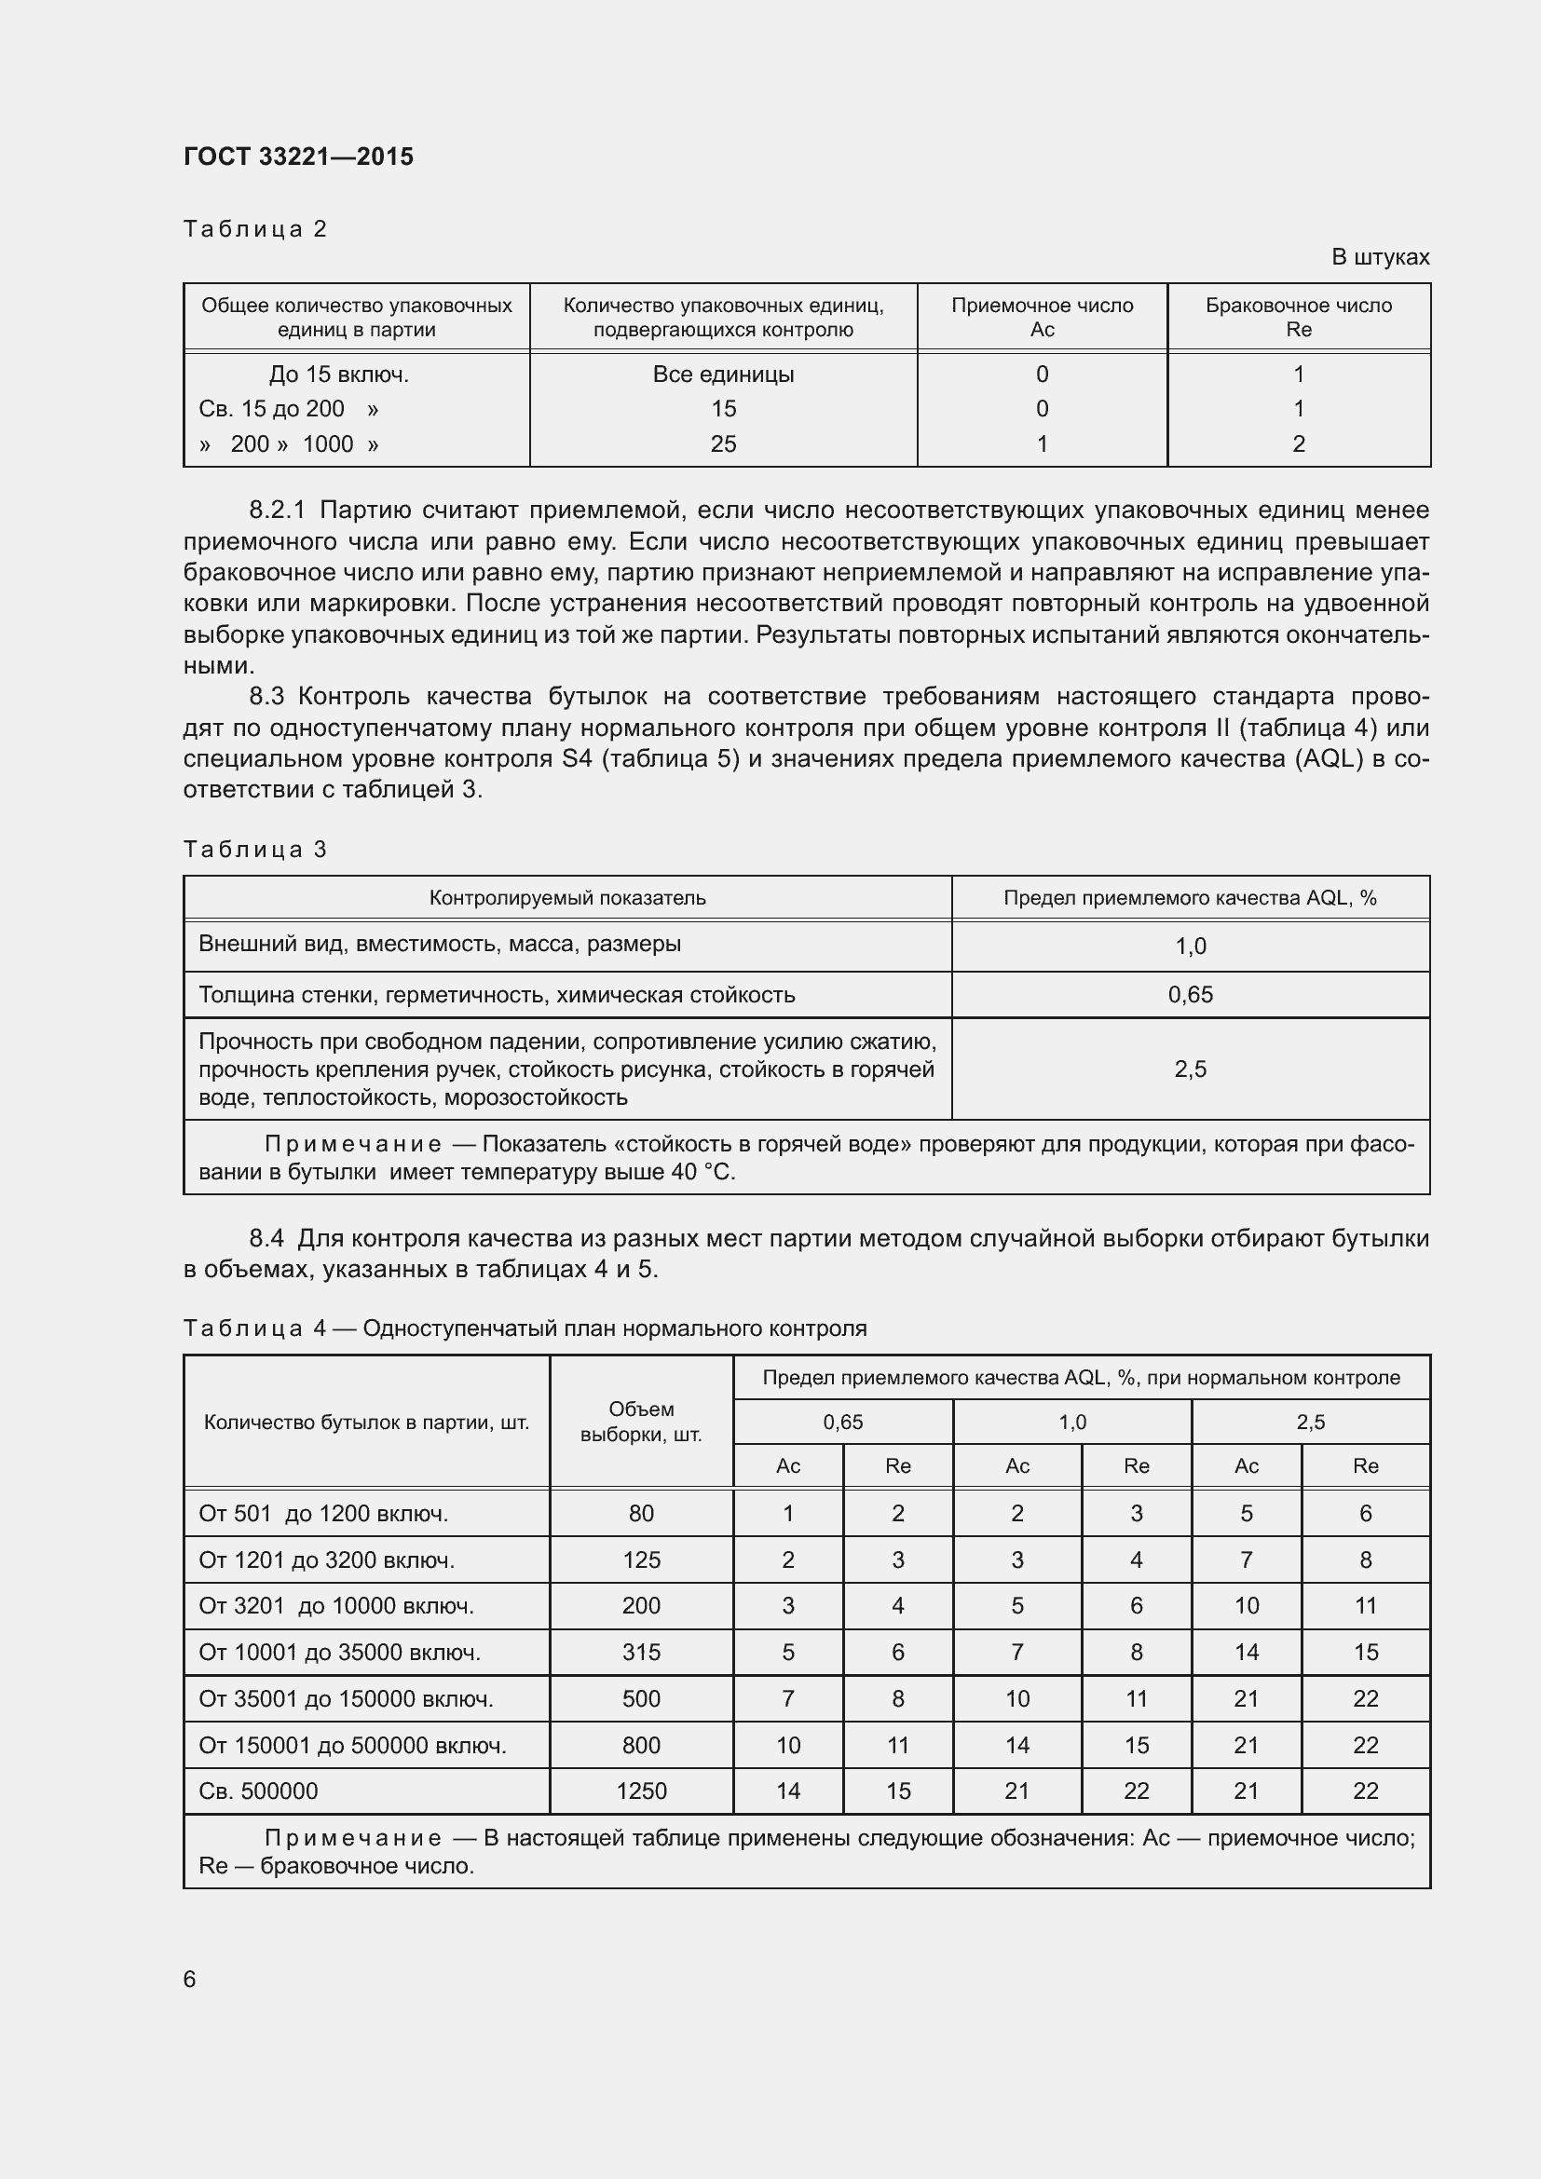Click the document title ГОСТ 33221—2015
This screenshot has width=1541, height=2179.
pos(298,157)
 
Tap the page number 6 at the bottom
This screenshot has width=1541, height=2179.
pos(190,1979)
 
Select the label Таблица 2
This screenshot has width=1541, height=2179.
pos(255,229)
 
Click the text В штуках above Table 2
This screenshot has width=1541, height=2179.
pos(1380,257)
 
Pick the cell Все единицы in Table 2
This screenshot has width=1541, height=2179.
pos(723,374)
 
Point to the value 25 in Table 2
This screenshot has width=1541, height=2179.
pos(723,444)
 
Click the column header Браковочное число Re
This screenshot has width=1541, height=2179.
pos(1298,317)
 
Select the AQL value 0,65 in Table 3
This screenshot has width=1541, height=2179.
pos(1190,995)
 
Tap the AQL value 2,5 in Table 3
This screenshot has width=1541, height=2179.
pos(1190,1069)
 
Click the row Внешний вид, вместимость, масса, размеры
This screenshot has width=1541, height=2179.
pos(440,945)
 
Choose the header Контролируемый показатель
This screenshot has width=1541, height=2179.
pos(567,898)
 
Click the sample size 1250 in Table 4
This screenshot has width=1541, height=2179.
pos(641,1791)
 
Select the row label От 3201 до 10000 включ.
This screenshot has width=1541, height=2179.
pos(336,1606)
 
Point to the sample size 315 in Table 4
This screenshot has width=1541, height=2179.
pos(641,1653)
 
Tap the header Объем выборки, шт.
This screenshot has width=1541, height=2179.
pos(641,1422)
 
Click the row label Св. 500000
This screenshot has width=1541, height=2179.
pos(258,1791)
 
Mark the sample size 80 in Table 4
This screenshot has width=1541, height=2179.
pos(641,1514)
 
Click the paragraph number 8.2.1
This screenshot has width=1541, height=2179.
pos(277,511)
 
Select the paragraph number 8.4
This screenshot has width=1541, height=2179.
pos(266,1238)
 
